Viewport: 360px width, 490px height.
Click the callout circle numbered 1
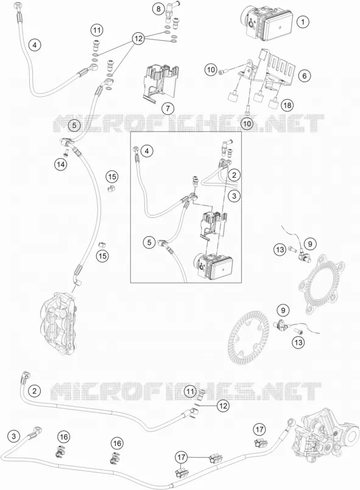[302, 22]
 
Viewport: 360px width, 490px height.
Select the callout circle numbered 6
[305, 75]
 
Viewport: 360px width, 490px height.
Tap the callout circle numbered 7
[168, 108]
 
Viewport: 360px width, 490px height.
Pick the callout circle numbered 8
[158, 9]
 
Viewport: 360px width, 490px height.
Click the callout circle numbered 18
[287, 105]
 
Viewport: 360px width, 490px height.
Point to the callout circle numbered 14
[61, 164]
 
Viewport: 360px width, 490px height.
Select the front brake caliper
[58, 323]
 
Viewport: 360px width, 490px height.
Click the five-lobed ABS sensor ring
[322, 283]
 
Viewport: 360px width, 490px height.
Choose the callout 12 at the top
[138, 39]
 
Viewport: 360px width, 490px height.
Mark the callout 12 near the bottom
[223, 406]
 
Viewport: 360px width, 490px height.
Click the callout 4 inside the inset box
[147, 152]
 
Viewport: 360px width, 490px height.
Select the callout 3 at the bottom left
[13, 436]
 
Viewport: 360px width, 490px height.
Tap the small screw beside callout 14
[66, 153]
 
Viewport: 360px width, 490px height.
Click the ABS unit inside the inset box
[214, 265]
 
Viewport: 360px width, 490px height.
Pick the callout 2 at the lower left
[34, 391]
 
